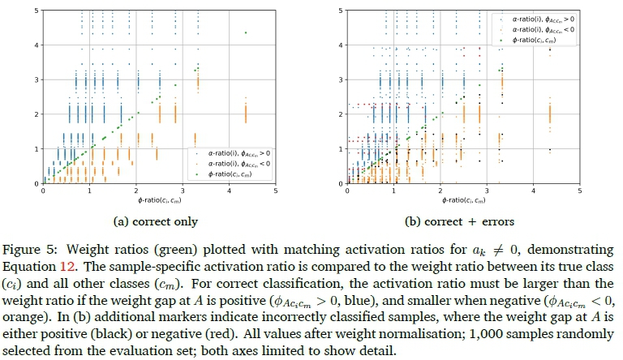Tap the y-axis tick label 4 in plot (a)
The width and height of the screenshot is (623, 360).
click(x=36, y=45)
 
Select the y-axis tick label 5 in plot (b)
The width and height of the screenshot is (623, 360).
click(x=341, y=10)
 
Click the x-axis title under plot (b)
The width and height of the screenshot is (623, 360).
click(x=464, y=200)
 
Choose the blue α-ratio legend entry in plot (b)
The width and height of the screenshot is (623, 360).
click(x=539, y=18)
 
